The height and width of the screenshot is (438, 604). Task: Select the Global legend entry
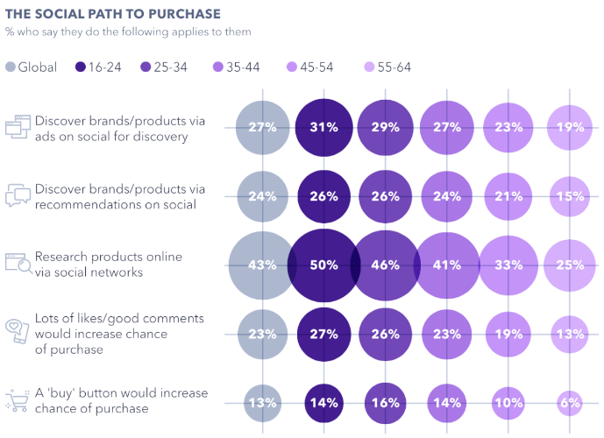click(x=32, y=67)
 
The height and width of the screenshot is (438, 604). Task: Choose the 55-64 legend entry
click(x=386, y=67)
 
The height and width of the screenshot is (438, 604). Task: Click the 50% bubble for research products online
click(x=323, y=265)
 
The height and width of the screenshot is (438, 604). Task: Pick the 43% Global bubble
click(x=262, y=265)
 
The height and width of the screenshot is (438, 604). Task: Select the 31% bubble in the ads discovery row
click(x=323, y=127)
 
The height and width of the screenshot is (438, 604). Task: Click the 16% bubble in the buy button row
click(x=385, y=404)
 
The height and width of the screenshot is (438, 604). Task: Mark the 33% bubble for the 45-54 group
click(x=508, y=265)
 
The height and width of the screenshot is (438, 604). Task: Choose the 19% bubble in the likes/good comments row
click(x=508, y=334)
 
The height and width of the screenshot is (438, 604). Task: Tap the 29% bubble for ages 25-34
click(x=385, y=127)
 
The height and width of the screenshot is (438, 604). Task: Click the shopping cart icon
click(x=18, y=402)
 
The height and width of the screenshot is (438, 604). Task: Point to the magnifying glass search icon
click(x=18, y=264)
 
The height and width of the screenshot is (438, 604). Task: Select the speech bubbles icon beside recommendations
click(x=18, y=195)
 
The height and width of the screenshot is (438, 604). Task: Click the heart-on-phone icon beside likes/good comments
click(x=18, y=333)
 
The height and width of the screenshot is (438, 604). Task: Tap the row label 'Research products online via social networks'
click(x=109, y=264)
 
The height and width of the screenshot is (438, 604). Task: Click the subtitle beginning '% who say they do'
click(x=128, y=32)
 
